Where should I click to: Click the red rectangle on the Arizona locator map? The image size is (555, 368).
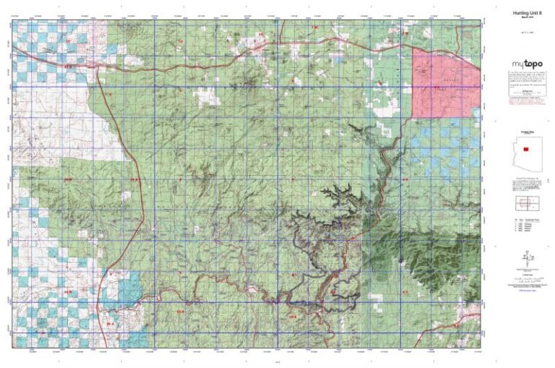525,150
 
